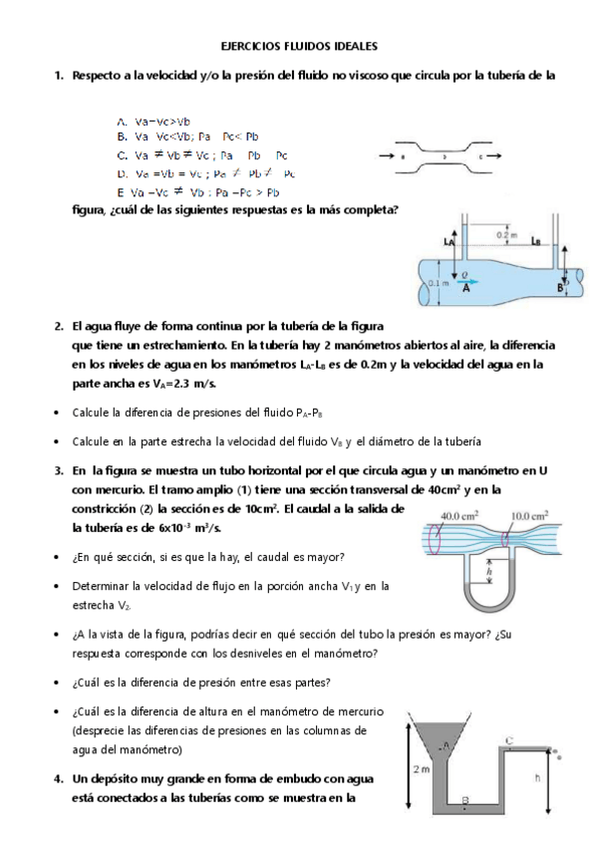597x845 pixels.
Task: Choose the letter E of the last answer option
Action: click(x=121, y=191)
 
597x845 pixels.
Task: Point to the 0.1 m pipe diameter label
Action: click(x=436, y=283)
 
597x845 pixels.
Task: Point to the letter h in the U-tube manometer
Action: click(x=489, y=572)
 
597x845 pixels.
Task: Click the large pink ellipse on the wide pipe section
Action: click(x=432, y=544)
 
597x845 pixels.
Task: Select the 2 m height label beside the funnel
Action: click(x=420, y=768)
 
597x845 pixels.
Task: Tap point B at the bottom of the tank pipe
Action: click(x=465, y=800)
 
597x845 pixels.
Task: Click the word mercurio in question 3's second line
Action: click(x=101, y=489)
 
